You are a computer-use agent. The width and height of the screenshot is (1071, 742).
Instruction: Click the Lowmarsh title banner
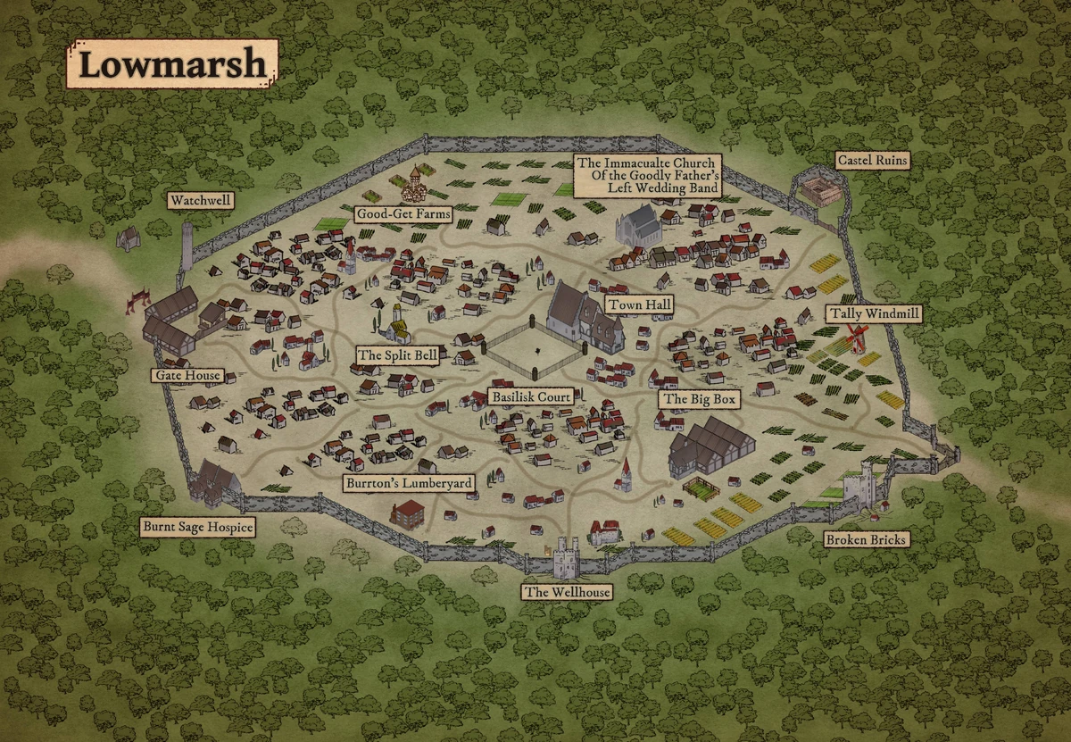tap(172, 63)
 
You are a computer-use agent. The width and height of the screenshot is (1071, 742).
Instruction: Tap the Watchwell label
tap(201, 202)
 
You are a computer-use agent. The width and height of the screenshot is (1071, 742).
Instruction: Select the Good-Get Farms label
tap(403, 214)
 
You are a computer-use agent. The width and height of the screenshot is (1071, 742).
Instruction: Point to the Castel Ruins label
tap(872, 161)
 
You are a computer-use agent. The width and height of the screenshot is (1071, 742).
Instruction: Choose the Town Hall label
tap(638, 305)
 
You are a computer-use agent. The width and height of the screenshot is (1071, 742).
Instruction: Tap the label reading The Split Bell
tap(397, 355)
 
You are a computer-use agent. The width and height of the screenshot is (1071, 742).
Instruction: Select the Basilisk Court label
tap(529, 396)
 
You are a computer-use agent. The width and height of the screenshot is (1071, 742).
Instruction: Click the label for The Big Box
tap(699, 399)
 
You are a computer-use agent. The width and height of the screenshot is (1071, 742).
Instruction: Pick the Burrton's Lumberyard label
tap(409, 482)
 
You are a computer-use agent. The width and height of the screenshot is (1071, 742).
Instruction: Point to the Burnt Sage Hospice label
tap(197, 527)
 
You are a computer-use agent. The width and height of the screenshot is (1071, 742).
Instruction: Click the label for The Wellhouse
tap(566, 591)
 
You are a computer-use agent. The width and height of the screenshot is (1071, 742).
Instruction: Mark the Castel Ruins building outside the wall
tap(818, 189)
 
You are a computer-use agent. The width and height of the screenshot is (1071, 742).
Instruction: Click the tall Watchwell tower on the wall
tap(187, 244)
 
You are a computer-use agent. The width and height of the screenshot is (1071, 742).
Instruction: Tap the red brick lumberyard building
tap(407, 513)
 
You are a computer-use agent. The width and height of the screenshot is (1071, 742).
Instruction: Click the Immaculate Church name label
tap(647, 176)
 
